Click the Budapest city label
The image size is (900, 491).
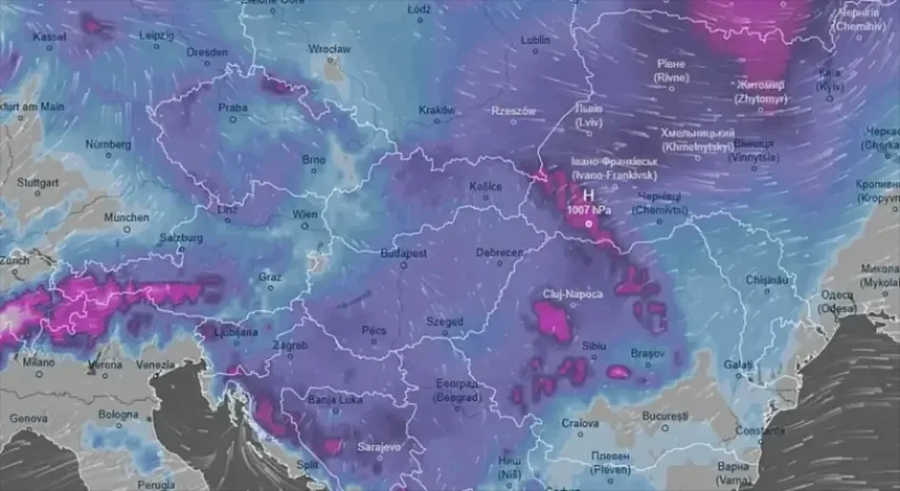[x=403, y=254]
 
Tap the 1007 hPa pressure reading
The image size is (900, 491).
[x=587, y=209]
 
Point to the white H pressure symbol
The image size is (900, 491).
[x=588, y=193]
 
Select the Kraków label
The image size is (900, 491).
[x=437, y=110]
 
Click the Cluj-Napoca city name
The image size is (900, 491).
[x=574, y=294]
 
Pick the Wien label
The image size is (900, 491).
[x=304, y=214]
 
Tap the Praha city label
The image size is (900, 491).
[x=233, y=108]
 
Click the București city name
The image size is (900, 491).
[x=665, y=416]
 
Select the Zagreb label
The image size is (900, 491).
[x=290, y=345]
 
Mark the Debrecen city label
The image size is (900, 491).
[x=499, y=253]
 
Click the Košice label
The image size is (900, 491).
[x=485, y=187]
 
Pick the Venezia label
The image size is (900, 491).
[x=156, y=364]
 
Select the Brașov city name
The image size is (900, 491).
[x=647, y=353]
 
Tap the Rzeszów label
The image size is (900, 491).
[x=513, y=111]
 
